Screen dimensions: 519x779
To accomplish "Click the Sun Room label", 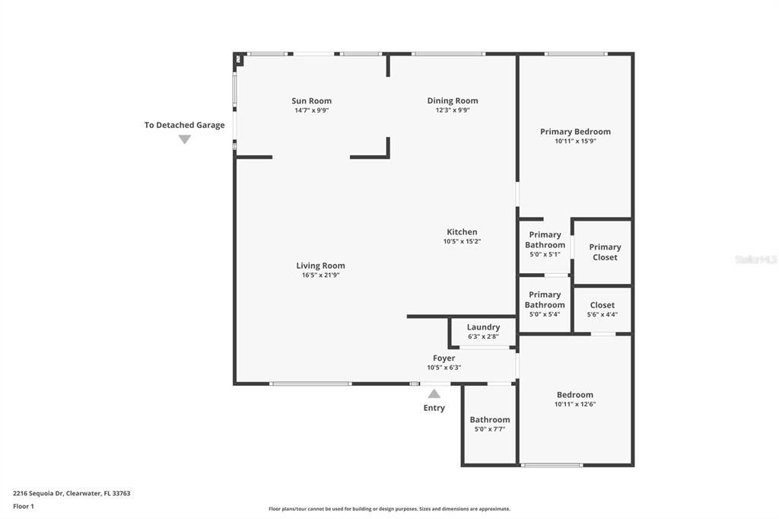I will (311, 100).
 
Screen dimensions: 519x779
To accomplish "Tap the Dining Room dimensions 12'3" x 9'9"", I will (452, 110).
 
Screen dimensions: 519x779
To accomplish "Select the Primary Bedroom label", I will (575, 132).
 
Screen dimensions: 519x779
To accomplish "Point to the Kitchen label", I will (462, 232).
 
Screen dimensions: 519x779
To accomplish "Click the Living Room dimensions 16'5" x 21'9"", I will (320, 275).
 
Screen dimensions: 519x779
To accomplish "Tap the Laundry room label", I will (483, 327).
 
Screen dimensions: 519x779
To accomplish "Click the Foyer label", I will (444, 358).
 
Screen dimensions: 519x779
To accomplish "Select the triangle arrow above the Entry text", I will (434, 393).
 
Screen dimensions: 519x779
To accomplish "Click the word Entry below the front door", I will (434, 408).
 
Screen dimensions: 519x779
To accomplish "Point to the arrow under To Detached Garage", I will (184, 139).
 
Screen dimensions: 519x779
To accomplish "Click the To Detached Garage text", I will (184, 125).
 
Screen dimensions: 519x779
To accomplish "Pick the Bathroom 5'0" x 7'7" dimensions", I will (489, 429).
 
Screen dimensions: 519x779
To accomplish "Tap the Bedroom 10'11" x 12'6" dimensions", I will (574, 405).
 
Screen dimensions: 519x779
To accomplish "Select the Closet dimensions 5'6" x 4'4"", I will (602, 314).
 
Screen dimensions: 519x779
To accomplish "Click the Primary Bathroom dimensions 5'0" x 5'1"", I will (545, 254).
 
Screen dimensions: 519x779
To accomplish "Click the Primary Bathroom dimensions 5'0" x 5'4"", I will (545, 314).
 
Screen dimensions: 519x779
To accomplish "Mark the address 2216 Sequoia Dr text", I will (72, 493).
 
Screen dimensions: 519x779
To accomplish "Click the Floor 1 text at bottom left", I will (24, 506).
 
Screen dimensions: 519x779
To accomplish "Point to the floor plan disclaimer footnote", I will (389, 509).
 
